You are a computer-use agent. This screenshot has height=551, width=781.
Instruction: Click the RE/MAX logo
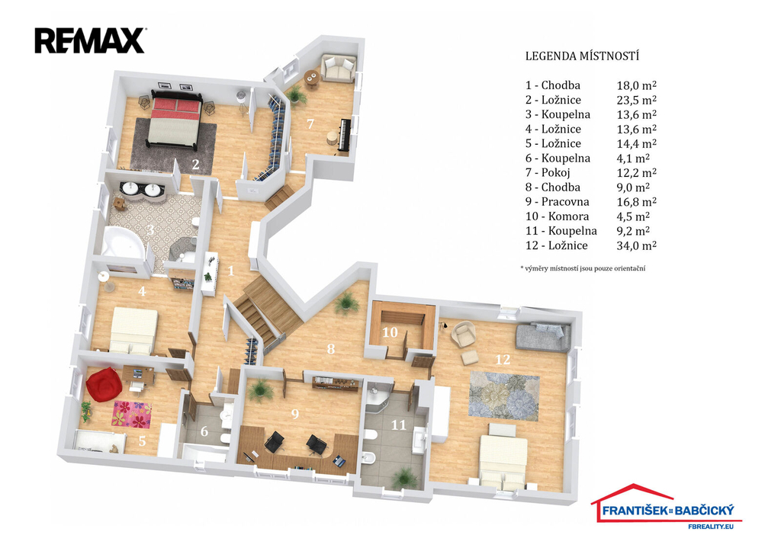[90, 41]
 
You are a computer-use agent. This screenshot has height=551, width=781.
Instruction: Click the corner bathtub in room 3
[124, 243]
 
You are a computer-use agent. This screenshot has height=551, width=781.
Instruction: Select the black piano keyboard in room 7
[344, 134]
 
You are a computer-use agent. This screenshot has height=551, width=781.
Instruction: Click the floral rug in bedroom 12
[504, 396]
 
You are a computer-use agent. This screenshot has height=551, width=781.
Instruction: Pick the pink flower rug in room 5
[132, 414]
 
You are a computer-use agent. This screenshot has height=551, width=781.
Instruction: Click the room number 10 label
[390, 332]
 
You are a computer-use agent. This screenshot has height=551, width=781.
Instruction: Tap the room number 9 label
[295, 414]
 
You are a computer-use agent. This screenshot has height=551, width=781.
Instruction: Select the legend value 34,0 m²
[637, 245]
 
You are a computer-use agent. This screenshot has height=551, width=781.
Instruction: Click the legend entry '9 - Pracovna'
[557, 202]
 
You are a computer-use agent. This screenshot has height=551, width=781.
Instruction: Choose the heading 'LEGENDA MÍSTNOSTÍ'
[582, 56]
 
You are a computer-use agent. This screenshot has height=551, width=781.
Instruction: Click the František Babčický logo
[666, 506]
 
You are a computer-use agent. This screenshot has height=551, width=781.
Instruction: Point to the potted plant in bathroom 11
[404, 479]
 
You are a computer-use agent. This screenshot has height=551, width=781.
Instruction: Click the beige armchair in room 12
[463, 334]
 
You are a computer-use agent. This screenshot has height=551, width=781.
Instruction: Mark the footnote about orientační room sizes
[583, 268]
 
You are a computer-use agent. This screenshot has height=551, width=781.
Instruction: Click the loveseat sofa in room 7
[338, 67]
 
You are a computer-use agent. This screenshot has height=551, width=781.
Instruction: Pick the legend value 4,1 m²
[633, 159]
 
